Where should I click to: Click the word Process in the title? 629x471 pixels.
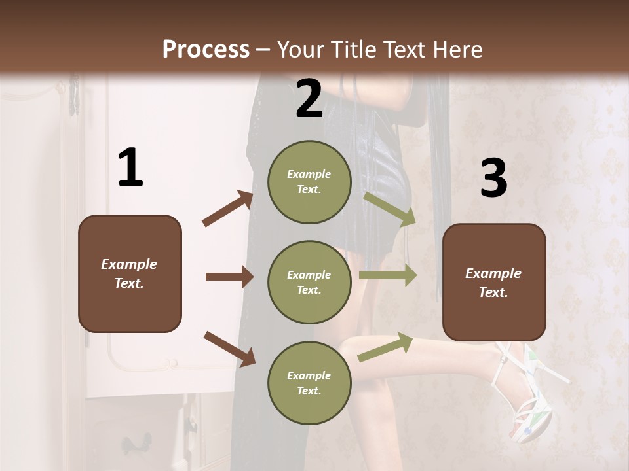point(206,49)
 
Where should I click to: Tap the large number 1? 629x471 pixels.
point(130,168)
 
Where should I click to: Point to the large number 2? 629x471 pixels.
point(309,99)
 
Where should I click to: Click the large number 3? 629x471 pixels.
point(493,179)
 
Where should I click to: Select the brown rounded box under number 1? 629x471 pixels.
point(130,273)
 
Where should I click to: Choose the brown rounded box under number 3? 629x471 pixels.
point(494,283)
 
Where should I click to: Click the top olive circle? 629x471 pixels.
point(309,182)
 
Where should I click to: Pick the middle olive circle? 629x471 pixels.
point(309,282)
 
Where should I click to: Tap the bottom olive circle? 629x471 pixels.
point(309,383)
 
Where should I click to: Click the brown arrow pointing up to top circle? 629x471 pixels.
point(228,209)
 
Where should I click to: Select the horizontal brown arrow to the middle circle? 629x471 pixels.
point(229,277)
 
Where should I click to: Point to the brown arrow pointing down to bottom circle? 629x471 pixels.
point(229,347)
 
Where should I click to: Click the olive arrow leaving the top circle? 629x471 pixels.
point(390,209)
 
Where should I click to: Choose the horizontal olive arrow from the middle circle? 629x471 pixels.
point(388,275)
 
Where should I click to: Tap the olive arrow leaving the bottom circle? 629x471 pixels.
point(386,347)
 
